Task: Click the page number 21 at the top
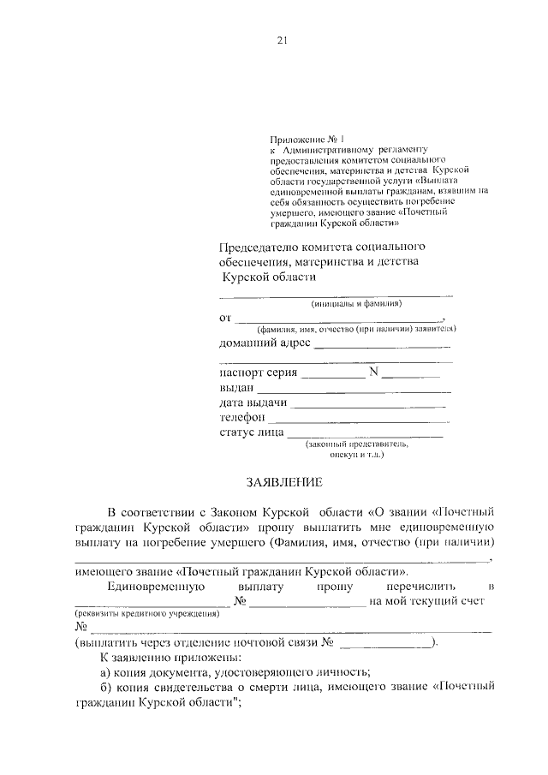click(282, 40)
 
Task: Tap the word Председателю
click(260, 247)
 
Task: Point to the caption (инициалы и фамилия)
click(356, 303)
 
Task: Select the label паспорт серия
click(259, 373)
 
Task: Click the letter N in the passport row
click(373, 373)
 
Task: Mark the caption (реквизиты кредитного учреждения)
click(146, 614)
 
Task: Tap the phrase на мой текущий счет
click(426, 601)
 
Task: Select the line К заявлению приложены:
click(159, 657)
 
